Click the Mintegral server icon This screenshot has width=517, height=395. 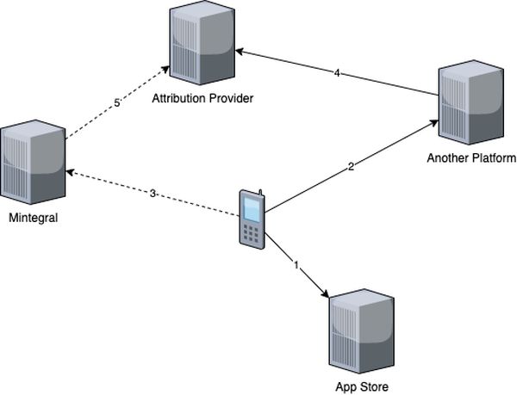pos(34,163)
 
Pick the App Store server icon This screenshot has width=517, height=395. pos(362,333)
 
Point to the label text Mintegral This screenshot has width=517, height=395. pos(34,218)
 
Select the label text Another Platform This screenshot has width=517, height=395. pos(471,159)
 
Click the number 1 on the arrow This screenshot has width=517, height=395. pos(297,265)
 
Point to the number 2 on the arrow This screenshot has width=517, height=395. pos(351,167)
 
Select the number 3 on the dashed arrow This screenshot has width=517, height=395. pos(153,194)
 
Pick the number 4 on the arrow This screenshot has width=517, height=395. pos(338,74)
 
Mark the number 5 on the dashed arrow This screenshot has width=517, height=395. pos(116,103)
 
